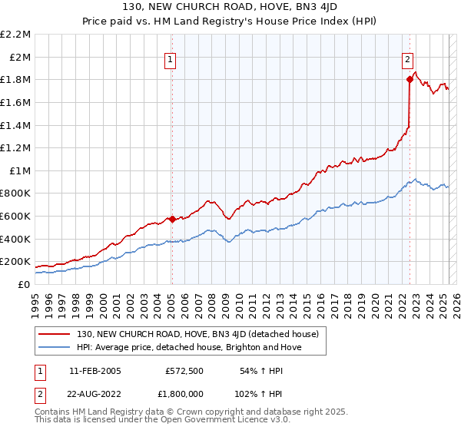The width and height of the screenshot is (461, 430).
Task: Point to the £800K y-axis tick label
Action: pyautogui.click(x=16, y=193)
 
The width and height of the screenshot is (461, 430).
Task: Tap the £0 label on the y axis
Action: pyautogui.click(x=24, y=284)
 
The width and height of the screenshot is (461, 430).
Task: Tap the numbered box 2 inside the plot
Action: pyautogui.click(x=407, y=58)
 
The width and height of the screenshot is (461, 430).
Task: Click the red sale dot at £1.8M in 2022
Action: pyautogui.click(x=410, y=79)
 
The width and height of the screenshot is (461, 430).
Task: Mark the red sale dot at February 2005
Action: pyautogui.click(x=171, y=219)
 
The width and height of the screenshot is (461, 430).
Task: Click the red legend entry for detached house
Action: pyautogui.click(x=202, y=334)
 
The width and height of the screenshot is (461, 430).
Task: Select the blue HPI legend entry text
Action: pyautogui.click(x=189, y=348)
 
